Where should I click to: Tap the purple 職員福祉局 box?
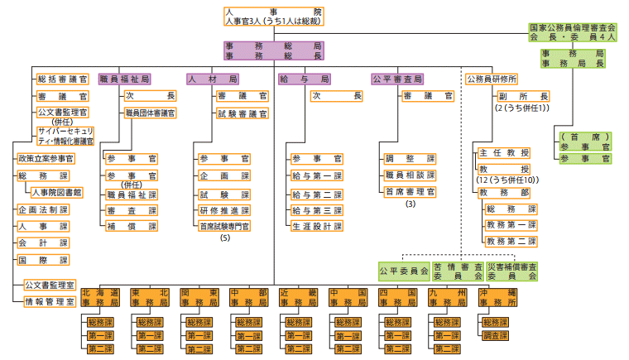[x=125, y=79]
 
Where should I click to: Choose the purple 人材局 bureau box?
[x=213, y=79]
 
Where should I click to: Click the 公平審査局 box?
[x=397, y=79]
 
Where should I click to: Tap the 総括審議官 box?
[x=62, y=79]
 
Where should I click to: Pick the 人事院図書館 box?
[x=55, y=192]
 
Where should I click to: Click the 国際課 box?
[x=43, y=260]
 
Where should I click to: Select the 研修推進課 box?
[x=223, y=209]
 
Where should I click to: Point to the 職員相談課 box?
[x=410, y=175]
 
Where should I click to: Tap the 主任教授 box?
[x=503, y=153]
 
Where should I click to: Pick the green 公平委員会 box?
[x=403, y=271]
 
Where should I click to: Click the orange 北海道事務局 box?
[x=103, y=298]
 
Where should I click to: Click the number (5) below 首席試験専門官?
[x=224, y=238]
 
